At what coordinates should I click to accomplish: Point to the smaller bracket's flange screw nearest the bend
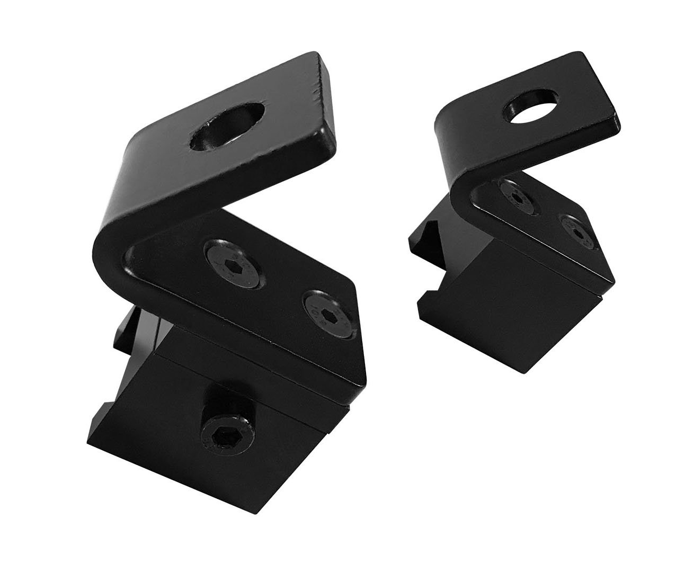pos(513,196)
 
